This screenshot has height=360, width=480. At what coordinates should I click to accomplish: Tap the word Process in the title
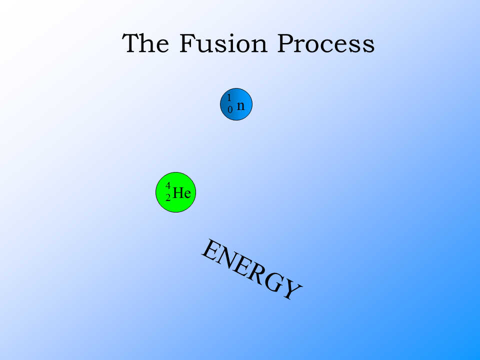coord(326,44)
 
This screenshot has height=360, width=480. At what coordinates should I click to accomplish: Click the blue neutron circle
coord(236,104)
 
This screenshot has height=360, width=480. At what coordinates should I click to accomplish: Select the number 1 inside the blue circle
coord(229,97)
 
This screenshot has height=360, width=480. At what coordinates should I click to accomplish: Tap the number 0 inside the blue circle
coord(230,109)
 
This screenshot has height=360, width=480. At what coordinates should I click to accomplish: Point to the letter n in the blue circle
coord(241,105)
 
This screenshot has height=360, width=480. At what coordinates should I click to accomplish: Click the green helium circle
coord(175,192)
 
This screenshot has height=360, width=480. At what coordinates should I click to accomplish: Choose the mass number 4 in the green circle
coord(168,185)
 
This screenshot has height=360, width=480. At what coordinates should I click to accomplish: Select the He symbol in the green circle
coord(182,193)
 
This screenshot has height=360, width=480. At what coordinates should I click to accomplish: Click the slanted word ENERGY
coord(251,270)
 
